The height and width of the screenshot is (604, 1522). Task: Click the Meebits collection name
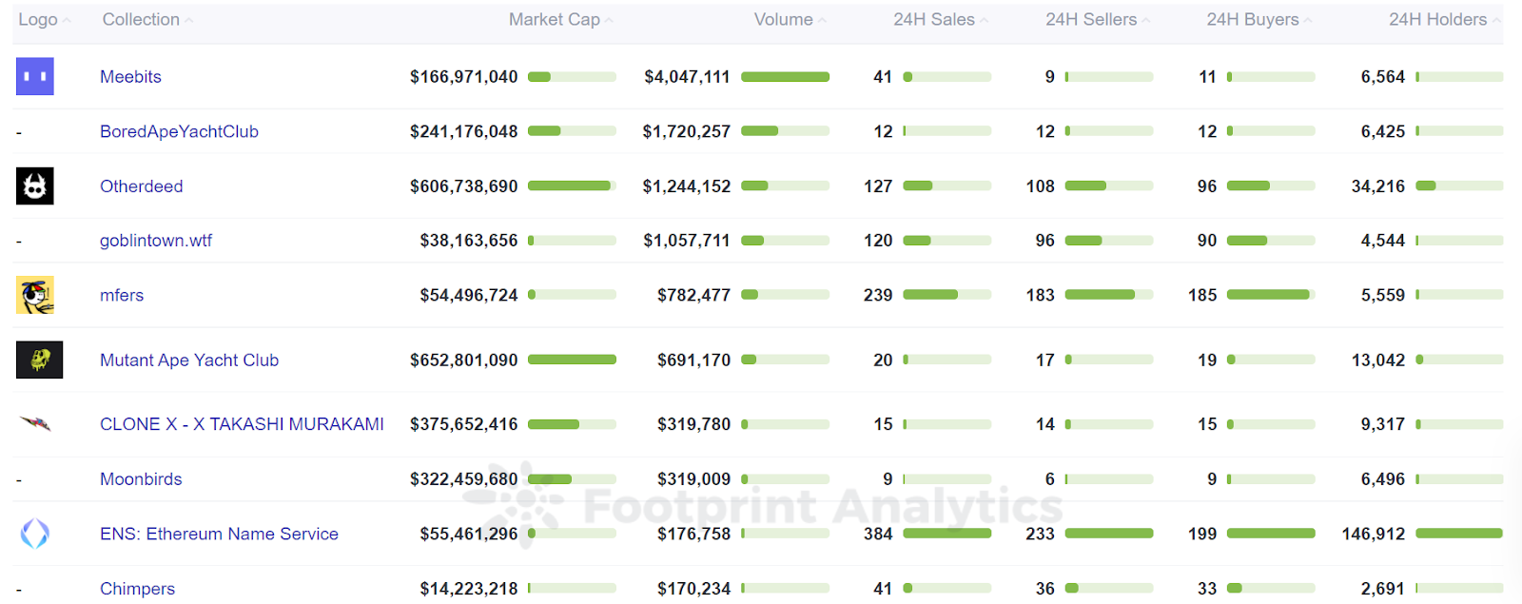(x=130, y=77)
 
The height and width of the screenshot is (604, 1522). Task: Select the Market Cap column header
(x=554, y=20)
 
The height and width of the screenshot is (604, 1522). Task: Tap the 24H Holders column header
(x=1436, y=20)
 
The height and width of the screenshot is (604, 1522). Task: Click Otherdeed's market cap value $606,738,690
(x=463, y=186)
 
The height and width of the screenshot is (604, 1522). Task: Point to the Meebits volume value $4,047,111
(x=687, y=77)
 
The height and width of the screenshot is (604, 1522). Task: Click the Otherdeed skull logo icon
(x=35, y=186)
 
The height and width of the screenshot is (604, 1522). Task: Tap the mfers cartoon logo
(x=35, y=295)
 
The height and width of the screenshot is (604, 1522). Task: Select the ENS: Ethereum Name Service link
(x=219, y=534)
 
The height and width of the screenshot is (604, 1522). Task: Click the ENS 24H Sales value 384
(x=877, y=534)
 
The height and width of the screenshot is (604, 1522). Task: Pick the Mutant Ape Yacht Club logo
(x=39, y=360)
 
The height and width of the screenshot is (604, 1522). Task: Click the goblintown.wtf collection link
(x=156, y=241)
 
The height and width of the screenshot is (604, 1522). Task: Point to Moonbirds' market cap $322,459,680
(x=463, y=479)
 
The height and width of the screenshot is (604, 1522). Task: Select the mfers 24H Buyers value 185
(x=1202, y=295)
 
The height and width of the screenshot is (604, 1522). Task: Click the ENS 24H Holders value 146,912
(x=1373, y=534)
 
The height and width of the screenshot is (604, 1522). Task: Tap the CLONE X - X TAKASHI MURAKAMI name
(x=242, y=424)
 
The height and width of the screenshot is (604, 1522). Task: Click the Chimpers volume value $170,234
(x=693, y=589)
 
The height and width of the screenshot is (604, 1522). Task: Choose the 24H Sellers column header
(x=1090, y=20)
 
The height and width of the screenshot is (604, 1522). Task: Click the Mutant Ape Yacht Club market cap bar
(x=572, y=360)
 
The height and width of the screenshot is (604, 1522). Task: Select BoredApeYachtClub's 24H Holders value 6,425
(x=1382, y=131)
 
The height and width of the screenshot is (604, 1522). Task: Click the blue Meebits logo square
(x=35, y=77)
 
